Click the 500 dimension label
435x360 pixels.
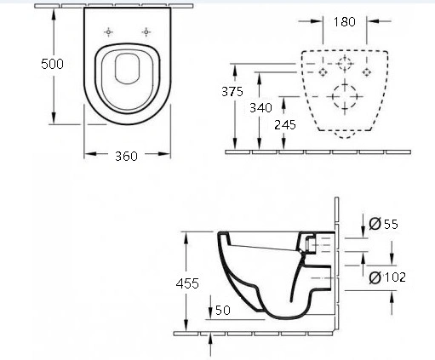(x=52, y=64)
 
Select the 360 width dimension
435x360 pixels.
(x=126, y=156)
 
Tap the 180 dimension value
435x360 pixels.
(x=344, y=22)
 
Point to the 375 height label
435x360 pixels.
(x=232, y=92)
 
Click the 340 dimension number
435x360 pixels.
(x=260, y=108)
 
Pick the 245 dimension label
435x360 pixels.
(x=285, y=125)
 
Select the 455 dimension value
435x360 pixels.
(x=187, y=283)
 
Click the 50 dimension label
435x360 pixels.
(x=223, y=310)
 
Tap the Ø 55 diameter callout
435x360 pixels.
(x=383, y=224)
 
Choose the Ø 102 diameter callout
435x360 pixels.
(x=387, y=277)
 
